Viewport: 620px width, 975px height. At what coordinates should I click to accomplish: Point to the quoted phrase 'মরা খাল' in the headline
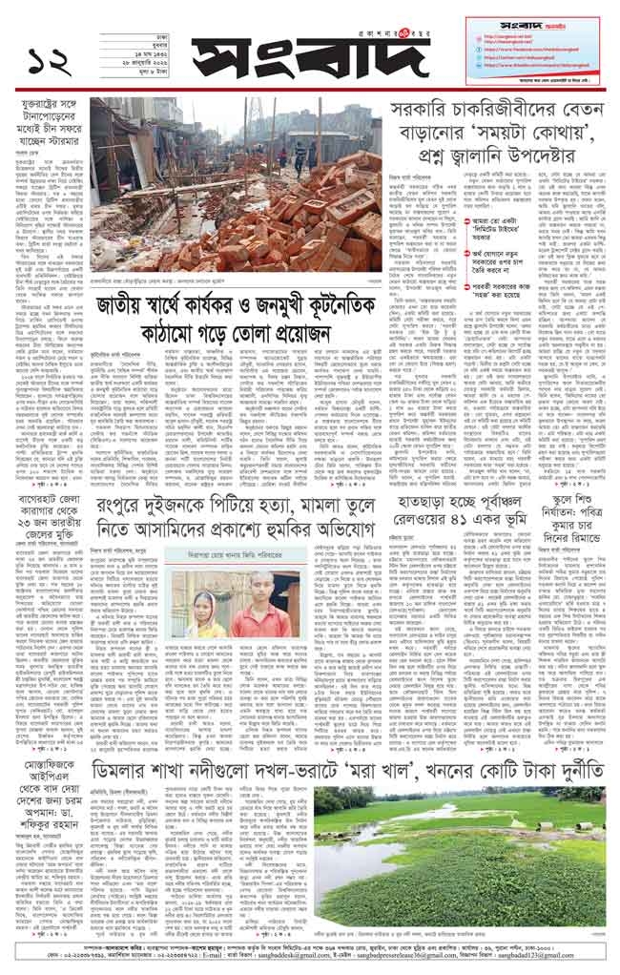[412, 772]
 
